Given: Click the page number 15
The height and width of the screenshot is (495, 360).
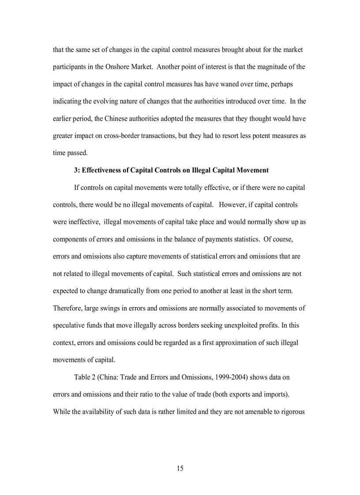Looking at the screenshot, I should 180,468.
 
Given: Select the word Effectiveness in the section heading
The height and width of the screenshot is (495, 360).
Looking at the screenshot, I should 104,170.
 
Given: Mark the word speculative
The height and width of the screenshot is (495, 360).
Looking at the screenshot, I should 70,325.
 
